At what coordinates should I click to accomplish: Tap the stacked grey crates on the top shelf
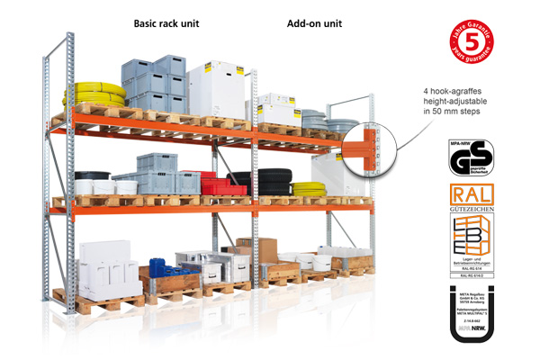pyautogui.click(x=154, y=83)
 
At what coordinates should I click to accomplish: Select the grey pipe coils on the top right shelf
pyautogui.click(x=327, y=120)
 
